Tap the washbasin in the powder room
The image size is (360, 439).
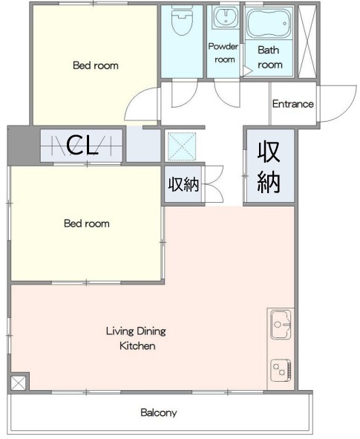point(225,17)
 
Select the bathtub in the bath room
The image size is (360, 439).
point(269,23)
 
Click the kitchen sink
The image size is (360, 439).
point(281,325)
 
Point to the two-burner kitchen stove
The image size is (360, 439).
point(281,370)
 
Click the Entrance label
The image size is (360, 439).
point(293,104)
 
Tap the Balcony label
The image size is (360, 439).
point(159,413)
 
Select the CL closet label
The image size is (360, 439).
point(82,145)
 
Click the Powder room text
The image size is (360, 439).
point(223,53)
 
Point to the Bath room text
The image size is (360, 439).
point(269,57)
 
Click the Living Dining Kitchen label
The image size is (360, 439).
point(137,338)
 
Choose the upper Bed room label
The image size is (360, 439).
point(96,65)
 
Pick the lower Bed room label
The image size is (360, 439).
point(87,224)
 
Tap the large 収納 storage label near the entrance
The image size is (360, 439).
point(269,167)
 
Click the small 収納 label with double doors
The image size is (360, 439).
point(183,184)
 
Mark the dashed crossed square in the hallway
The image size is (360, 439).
point(182,146)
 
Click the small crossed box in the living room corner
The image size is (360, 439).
point(18,383)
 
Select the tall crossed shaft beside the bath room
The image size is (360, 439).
point(307,42)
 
